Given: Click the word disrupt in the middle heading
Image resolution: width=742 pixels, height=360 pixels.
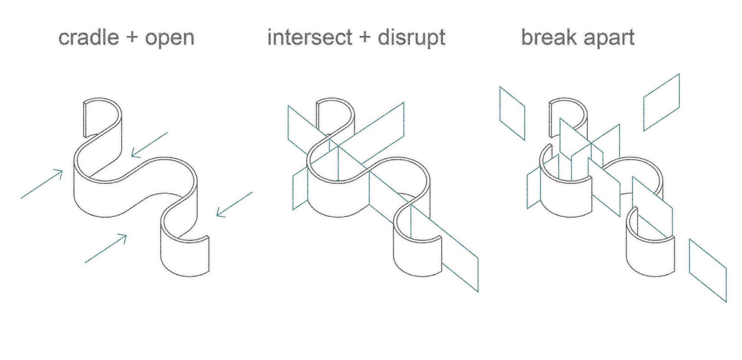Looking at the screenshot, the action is click(411, 38).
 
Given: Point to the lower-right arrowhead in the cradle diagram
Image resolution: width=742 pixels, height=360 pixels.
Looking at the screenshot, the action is click(220, 213).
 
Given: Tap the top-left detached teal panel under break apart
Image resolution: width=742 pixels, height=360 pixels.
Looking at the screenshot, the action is click(512, 113).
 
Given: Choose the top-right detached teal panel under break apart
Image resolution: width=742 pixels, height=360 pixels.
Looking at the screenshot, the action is click(661, 102).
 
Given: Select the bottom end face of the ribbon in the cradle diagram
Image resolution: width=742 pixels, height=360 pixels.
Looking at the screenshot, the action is click(208, 254).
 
